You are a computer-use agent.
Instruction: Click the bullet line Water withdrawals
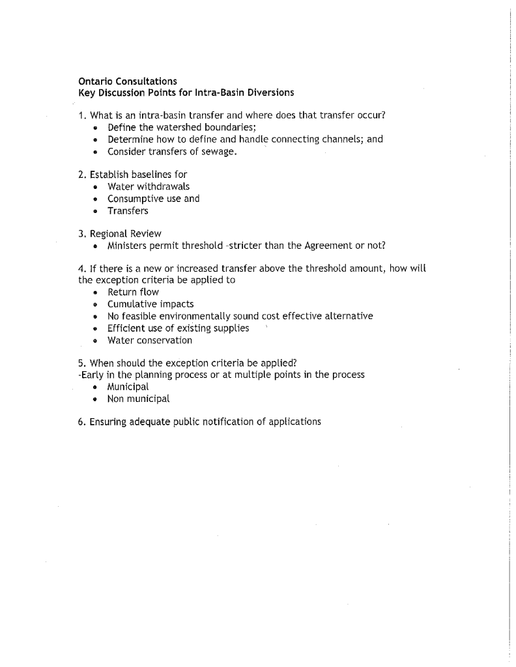(x=149, y=186)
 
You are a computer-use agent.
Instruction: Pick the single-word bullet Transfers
(x=128, y=211)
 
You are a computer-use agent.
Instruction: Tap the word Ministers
(x=128, y=246)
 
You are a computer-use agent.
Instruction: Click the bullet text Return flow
(x=133, y=292)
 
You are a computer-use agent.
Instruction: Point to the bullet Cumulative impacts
(x=150, y=304)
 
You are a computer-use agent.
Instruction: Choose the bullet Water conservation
(x=150, y=340)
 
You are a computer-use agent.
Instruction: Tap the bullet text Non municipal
(x=138, y=399)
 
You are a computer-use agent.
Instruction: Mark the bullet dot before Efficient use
(x=95, y=328)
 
